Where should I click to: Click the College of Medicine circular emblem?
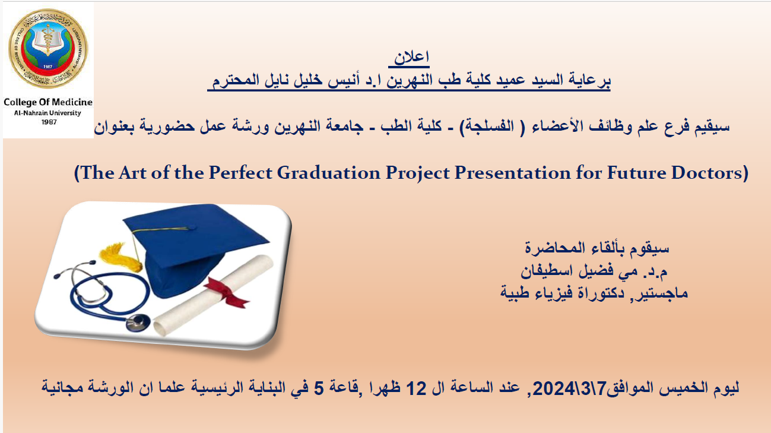[48, 49]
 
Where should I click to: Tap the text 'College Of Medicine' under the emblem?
[48, 102]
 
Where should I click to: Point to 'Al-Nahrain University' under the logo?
[47, 113]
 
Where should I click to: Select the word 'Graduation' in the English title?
[328, 173]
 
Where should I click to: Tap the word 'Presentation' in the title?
[512, 173]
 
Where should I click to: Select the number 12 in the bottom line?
[416, 388]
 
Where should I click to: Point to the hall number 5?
[319, 388]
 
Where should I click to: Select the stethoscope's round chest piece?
[138, 323]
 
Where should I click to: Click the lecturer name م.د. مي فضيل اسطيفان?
[594, 271]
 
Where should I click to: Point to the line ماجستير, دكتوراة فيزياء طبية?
[594, 293]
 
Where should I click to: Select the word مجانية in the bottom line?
[63, 387]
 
